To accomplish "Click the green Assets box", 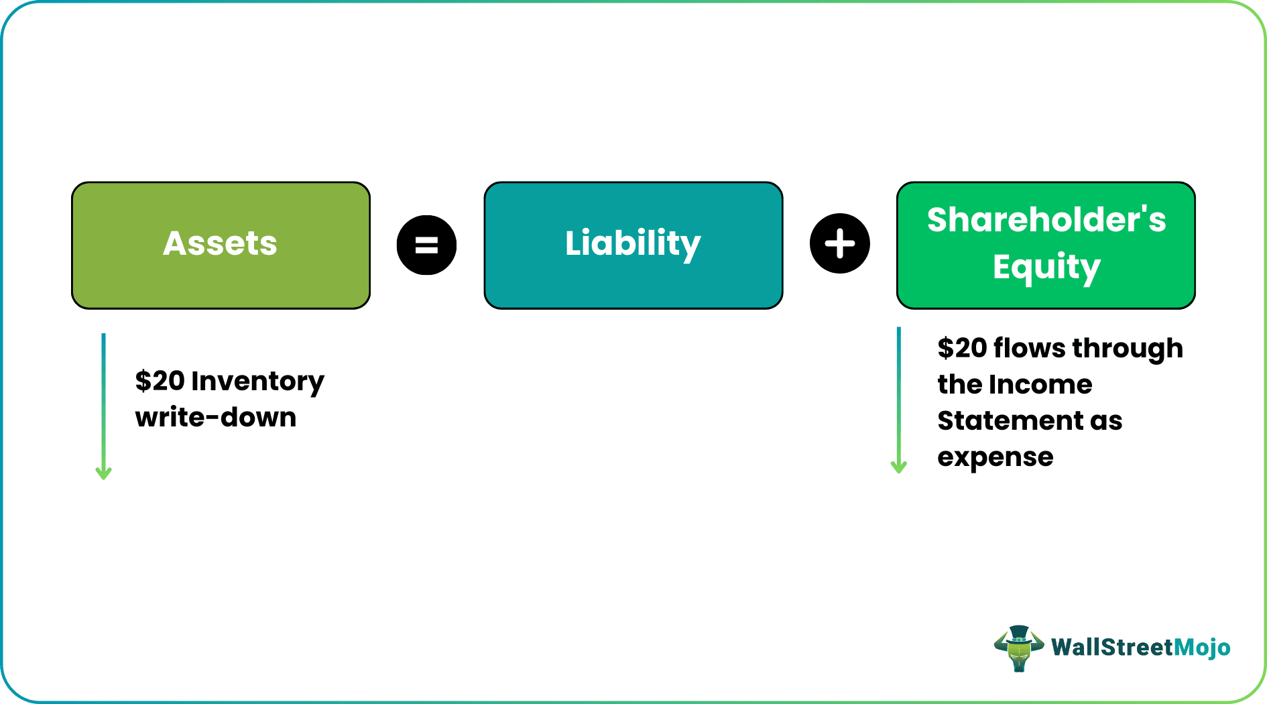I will [x=221, y=245].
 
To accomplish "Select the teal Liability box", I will [x=633, y=245].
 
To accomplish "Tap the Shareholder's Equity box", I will [x=1046, y=245].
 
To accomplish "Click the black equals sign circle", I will [x=426, y=245].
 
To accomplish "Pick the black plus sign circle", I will [x=839, y=243].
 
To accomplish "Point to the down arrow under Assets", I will [x=103, y=406].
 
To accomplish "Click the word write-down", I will [x=215, y=418].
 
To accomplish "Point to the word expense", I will [x=995, y=457].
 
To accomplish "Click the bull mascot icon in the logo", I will [x=1018, y=648].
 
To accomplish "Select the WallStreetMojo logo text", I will [x=1140, y=647].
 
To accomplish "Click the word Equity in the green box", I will [x=1046, y=268].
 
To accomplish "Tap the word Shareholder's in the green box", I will [x=1046, y=220].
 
